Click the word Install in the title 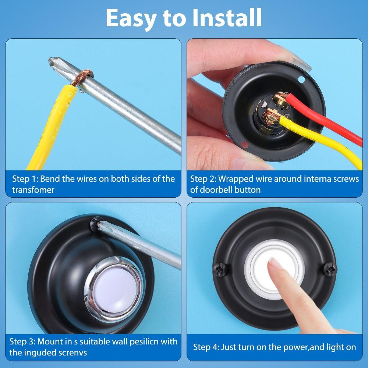click(227, 18)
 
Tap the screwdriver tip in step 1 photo click(53, 62)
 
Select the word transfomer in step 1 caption click(33, 190)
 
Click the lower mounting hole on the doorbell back click(244, 145)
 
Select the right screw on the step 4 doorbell click(330, 269)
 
